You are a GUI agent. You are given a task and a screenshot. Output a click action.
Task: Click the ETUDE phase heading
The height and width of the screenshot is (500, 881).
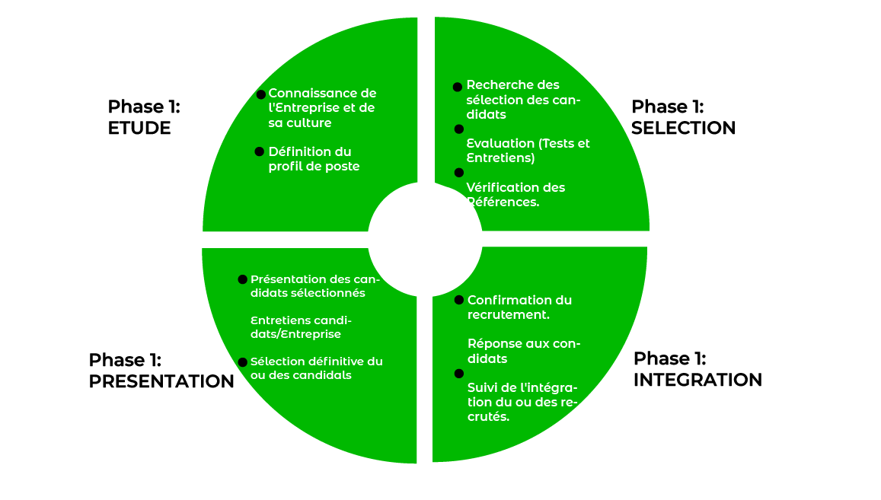coord(139,127)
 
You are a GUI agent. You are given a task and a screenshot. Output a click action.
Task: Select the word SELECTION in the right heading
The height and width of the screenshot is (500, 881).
coord(683,127)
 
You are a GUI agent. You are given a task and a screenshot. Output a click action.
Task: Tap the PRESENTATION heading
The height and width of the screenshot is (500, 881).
coord(161,381)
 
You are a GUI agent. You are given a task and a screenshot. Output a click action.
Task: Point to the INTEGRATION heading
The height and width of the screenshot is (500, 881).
coord(697,379)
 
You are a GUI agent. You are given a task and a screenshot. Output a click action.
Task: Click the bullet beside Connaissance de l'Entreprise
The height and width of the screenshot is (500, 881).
coord(261,94)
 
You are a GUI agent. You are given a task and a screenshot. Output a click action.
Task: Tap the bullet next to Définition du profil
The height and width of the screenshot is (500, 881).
coord(260,152)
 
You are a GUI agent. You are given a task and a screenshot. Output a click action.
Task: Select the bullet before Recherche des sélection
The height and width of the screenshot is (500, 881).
coord(457,87)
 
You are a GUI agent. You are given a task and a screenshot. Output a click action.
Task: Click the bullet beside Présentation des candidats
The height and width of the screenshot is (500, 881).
coord(243,279)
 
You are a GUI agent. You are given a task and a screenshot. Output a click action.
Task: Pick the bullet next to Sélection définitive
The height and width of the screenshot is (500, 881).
coord(243,362)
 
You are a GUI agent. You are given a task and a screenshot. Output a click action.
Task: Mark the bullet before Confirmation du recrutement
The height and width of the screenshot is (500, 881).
coord(458,301)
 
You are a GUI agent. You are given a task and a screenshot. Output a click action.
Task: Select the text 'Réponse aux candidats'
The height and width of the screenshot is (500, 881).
coord(523,351)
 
